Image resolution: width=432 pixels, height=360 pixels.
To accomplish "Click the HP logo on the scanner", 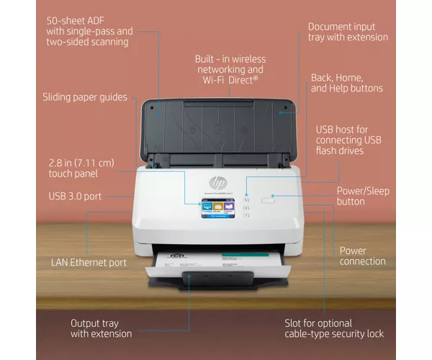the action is coord(218,183).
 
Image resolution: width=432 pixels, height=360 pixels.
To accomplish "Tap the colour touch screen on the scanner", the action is coord(218,209).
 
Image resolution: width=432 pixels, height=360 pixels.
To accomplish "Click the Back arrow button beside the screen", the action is coord(246,200).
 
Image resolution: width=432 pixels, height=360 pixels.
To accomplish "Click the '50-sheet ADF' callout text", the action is coord(75,21).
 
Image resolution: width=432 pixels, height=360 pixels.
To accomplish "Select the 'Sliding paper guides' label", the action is coord(85,97).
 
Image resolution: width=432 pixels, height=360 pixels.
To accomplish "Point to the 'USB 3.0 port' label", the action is coord(75,196).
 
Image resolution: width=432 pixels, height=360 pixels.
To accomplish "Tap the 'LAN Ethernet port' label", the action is coord(89,263).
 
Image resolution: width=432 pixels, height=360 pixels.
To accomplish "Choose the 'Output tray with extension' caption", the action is coord(101,328).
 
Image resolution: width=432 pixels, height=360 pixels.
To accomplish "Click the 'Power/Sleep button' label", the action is coord(363,196).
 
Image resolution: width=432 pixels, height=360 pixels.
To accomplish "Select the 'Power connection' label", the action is coord(362,256).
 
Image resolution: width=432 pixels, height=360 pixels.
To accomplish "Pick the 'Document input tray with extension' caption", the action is coord(348,32).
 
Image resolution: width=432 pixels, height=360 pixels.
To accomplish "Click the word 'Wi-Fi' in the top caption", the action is coord(214,80).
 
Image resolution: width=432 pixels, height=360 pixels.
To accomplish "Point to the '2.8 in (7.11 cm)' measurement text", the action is coord(81,163).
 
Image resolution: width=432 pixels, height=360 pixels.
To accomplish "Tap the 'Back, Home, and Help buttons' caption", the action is coord(347,83).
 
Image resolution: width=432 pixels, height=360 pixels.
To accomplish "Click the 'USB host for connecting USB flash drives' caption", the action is coord(348,140).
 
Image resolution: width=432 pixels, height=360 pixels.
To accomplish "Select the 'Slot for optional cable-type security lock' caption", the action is coord(334,328).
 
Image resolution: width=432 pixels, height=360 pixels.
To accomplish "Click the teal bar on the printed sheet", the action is coord(246,254).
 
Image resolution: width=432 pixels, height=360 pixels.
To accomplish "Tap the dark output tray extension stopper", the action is coord(217,278).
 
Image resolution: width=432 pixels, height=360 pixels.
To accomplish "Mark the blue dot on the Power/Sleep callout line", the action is coord(272,196).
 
